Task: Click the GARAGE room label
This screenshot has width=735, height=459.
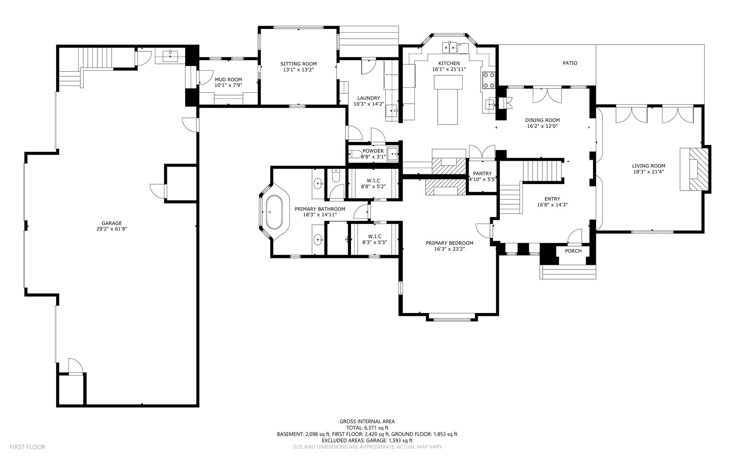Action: click(x=112, y=223)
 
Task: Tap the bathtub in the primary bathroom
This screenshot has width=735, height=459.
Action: click(x=274, y=212)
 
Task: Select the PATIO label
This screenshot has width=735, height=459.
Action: click(x=570, y=63)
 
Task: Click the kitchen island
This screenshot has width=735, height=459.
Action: click(x=448, y=100)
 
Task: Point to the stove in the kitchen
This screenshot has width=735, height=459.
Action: click(x=488, y=80)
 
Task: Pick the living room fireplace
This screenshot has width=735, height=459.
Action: click(x=694, y=169)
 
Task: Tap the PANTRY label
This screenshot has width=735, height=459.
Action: click(x=482, y=174)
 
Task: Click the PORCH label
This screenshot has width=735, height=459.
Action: click(x=573, y=251)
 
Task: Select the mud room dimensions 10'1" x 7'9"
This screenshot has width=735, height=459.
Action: click(x=228, y=85)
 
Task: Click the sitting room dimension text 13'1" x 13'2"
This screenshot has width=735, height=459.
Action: click(x=299, y=69)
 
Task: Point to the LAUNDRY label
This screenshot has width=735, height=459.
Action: click(x=368, y=98)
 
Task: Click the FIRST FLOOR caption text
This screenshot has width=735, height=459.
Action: click(x=28, y=447)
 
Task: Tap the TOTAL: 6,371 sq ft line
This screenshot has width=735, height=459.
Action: click(x=367, y=428)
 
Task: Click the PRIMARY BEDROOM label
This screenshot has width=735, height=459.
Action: click(x=450, y=243)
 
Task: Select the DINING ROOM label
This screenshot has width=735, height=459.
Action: click(x=543, y=120)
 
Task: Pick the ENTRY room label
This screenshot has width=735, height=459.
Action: click(x=552, y=199)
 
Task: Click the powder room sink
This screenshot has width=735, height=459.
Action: click(x=392, y=154)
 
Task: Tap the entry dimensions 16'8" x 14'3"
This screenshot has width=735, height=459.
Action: click(x=552, y=205)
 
